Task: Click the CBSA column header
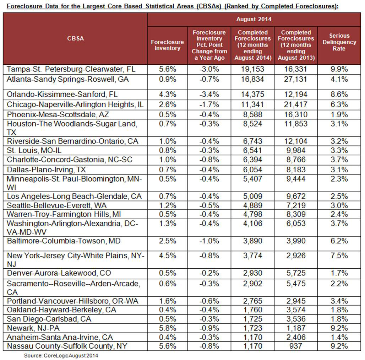coord(75,39)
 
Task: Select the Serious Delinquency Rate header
coord(339,42)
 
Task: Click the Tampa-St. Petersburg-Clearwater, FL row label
coord(71,69)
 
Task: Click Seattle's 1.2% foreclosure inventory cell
coord(167,205)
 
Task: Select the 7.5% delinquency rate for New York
coord(339,256)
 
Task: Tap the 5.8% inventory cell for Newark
coord(167,328)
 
